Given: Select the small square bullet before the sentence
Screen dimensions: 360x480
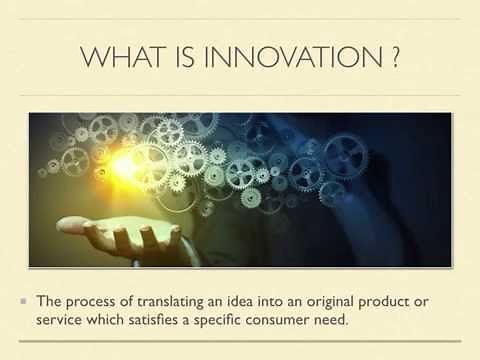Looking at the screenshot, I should tap(22, 300).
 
